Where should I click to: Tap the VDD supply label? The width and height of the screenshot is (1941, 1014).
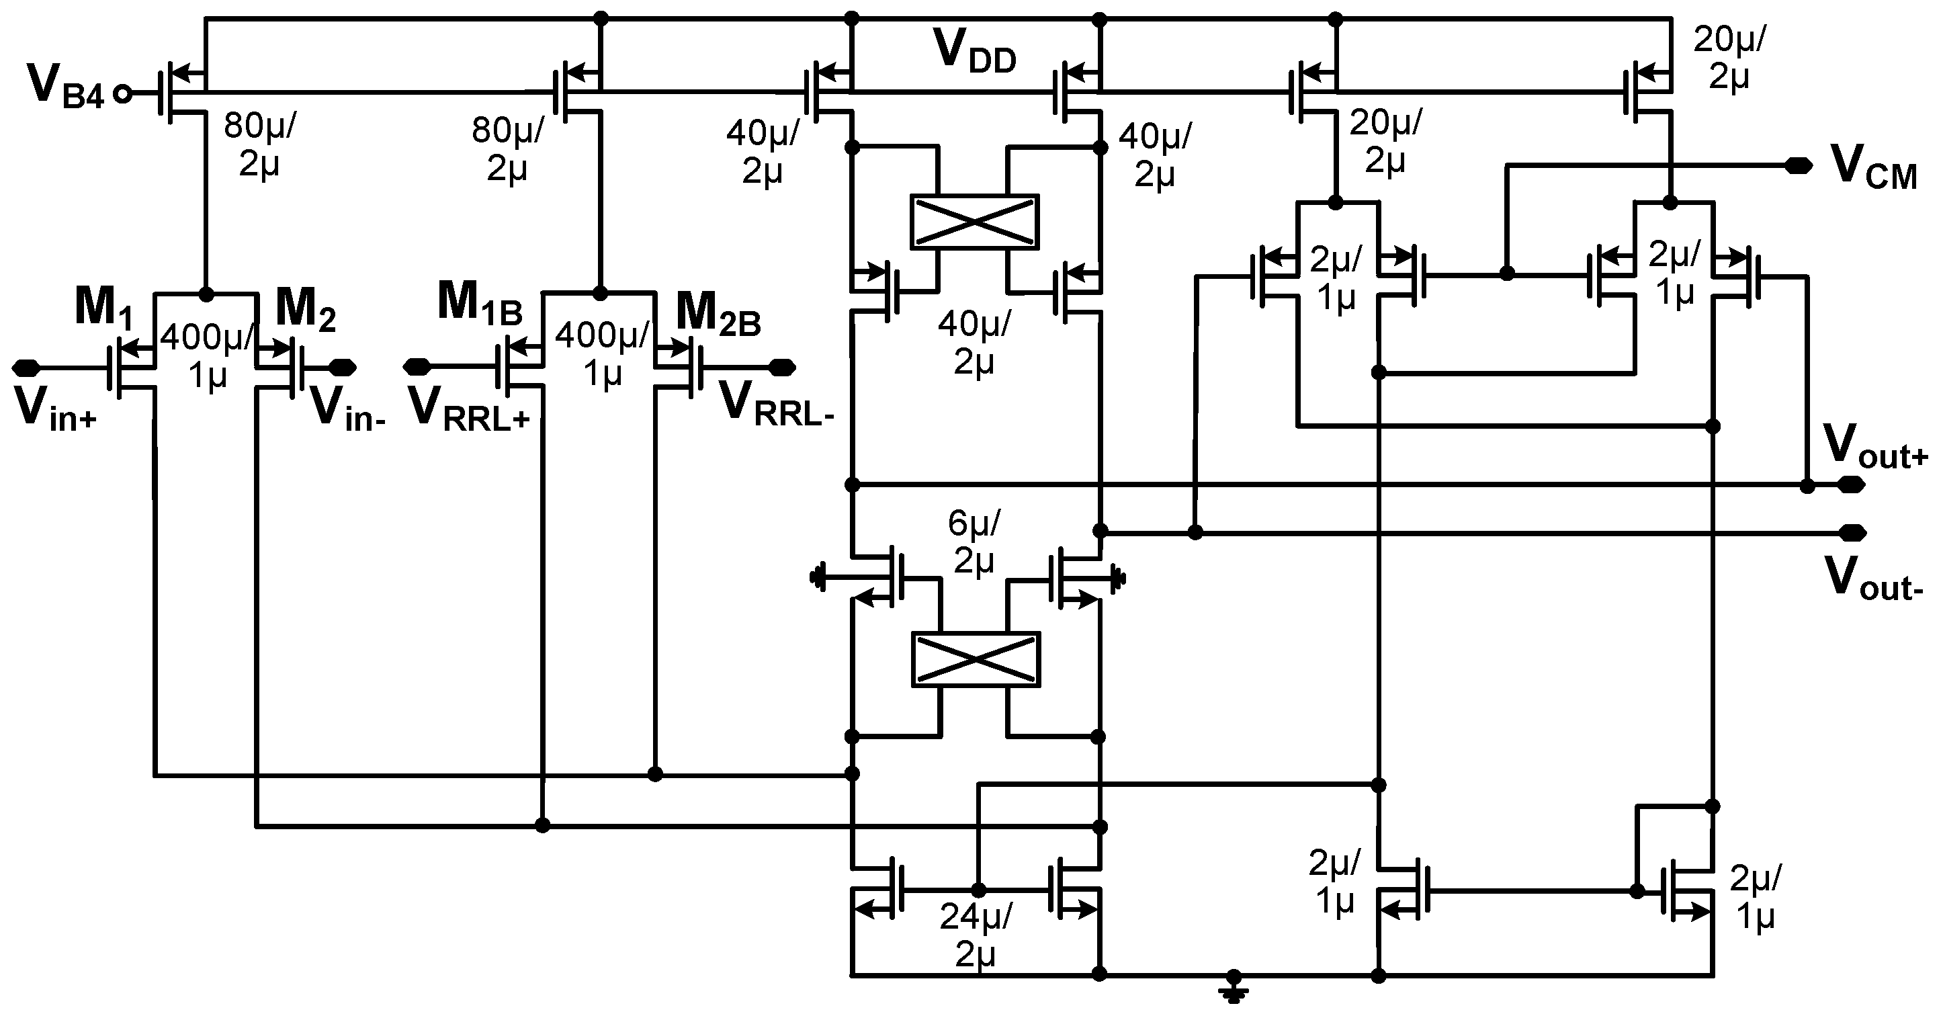[x=974, y=52]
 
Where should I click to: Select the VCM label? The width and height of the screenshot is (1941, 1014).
[x=1873, y=167]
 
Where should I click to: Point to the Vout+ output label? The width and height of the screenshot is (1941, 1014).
[x=1873, y=448]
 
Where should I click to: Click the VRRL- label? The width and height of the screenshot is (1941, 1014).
[x=776, y=407]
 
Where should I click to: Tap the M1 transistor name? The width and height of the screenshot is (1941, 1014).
[x=103, y=306]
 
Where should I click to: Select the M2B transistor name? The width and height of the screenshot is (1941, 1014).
[x=718, y=313]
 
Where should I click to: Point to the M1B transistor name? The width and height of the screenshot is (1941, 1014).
[x=479, y=304]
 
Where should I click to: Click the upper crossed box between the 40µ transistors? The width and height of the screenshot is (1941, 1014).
[x=974, y=222]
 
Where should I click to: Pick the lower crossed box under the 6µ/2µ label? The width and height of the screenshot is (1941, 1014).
[x=976, y=659]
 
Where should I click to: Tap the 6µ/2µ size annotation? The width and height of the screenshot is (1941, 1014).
[x=974, y=541]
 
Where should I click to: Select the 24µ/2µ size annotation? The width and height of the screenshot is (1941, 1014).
[x=976, y=934]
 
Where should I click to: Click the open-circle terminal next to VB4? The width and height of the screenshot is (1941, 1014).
[x=122, y=93]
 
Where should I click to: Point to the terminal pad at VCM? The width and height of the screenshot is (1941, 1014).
[x=1799, y=166]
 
